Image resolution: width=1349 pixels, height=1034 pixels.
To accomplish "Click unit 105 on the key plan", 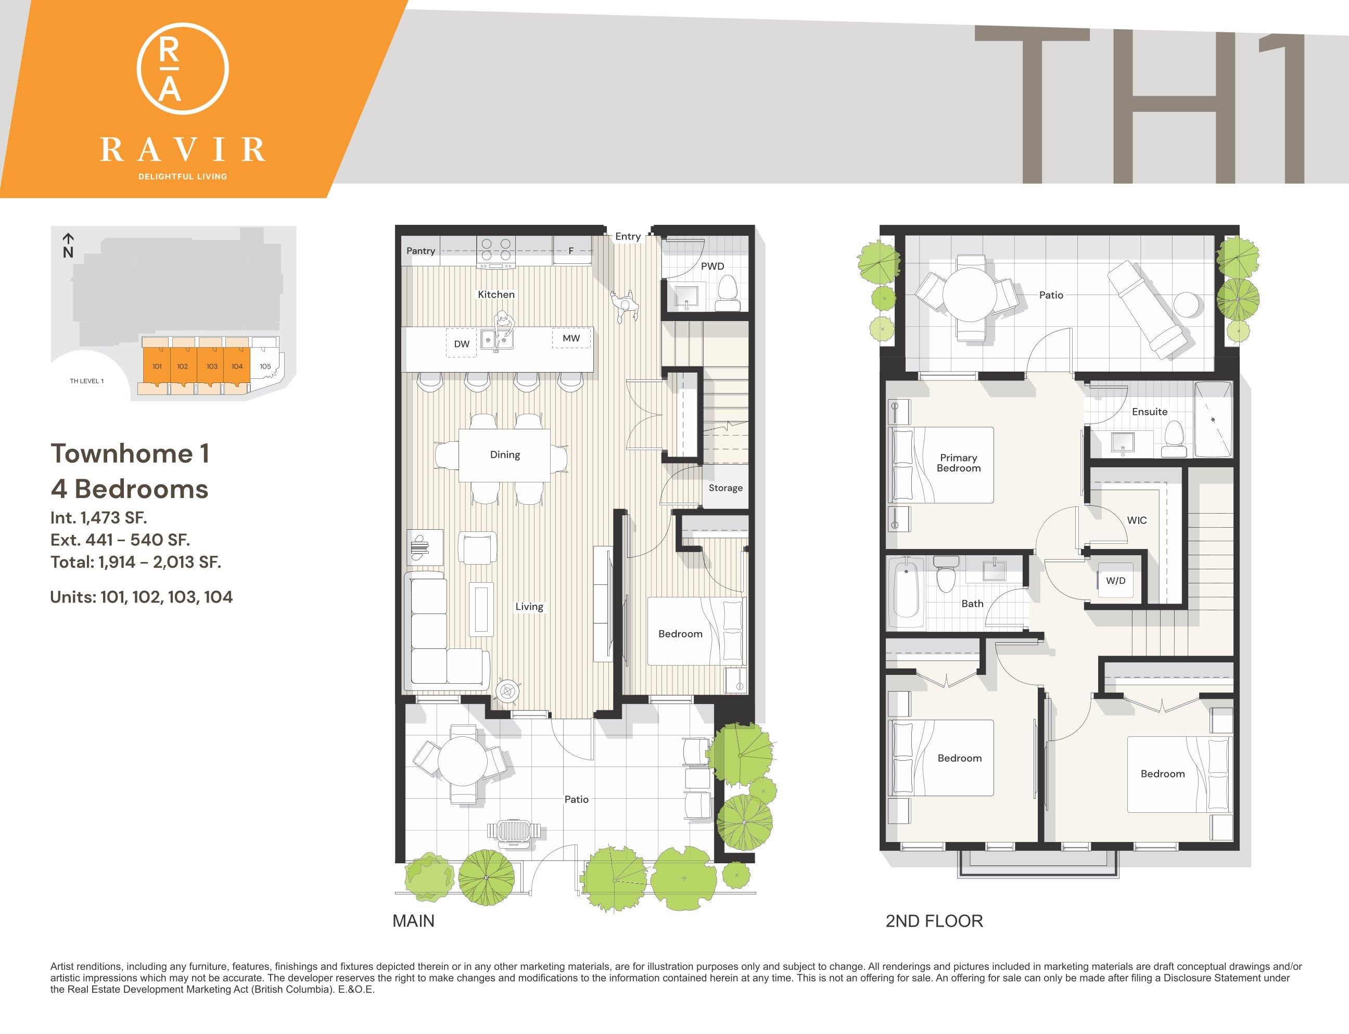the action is click(265, 366).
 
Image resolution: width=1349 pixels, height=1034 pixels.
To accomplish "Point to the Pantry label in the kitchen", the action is click(421, 250).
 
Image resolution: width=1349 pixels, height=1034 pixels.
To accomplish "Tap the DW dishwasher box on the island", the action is click(462, 344).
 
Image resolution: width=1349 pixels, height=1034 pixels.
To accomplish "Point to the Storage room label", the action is click(726, 488).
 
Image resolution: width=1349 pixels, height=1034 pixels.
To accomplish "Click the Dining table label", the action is click(505, 454).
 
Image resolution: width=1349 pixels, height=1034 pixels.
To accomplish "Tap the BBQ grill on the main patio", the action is click(516, 831).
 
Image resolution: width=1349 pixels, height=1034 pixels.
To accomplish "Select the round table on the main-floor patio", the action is click(462, 764).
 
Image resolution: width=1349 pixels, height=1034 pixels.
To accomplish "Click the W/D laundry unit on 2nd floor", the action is click(1115, 580).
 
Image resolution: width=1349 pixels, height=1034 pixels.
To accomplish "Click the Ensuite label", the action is click(1150, 412).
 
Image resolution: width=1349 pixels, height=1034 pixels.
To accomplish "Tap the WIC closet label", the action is click(1137, 520).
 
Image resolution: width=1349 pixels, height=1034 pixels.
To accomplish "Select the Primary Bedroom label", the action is click(958, 463).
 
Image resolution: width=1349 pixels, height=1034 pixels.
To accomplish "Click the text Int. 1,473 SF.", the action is click(98, 518).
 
